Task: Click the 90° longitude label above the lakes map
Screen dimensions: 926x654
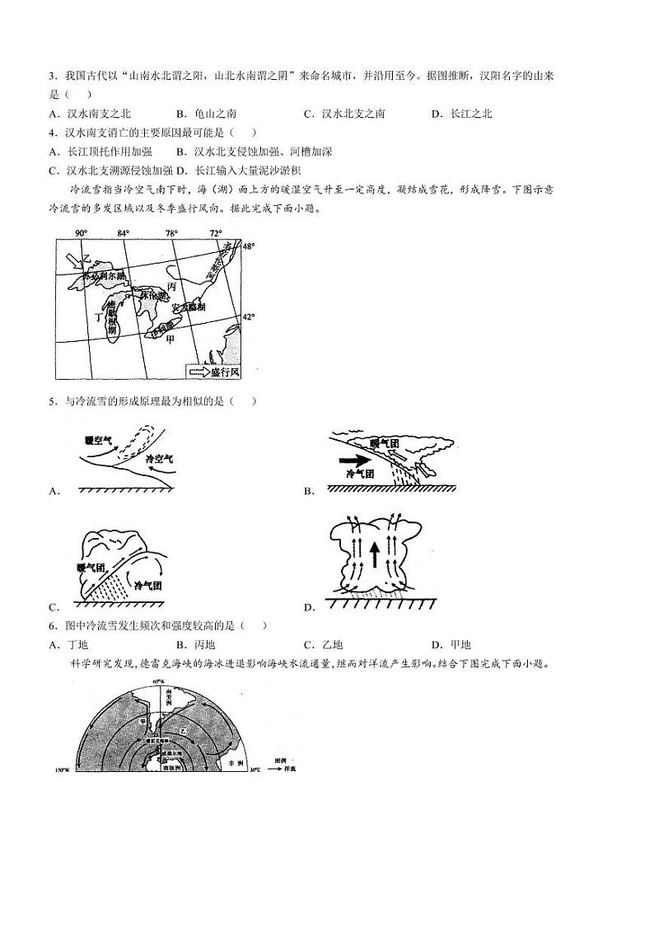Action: [81, 233]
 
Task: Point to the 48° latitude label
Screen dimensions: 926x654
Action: [249, 246]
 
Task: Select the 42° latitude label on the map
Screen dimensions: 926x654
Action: [249, 316]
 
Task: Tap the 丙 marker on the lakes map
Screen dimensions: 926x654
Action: [171, 285]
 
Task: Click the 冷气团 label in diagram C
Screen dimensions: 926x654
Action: [147, 585]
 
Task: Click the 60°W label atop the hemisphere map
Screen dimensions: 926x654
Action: [158, 683]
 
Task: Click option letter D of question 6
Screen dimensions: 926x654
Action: [435, 645]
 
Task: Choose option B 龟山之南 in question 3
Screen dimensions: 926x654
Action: [201, 114]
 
